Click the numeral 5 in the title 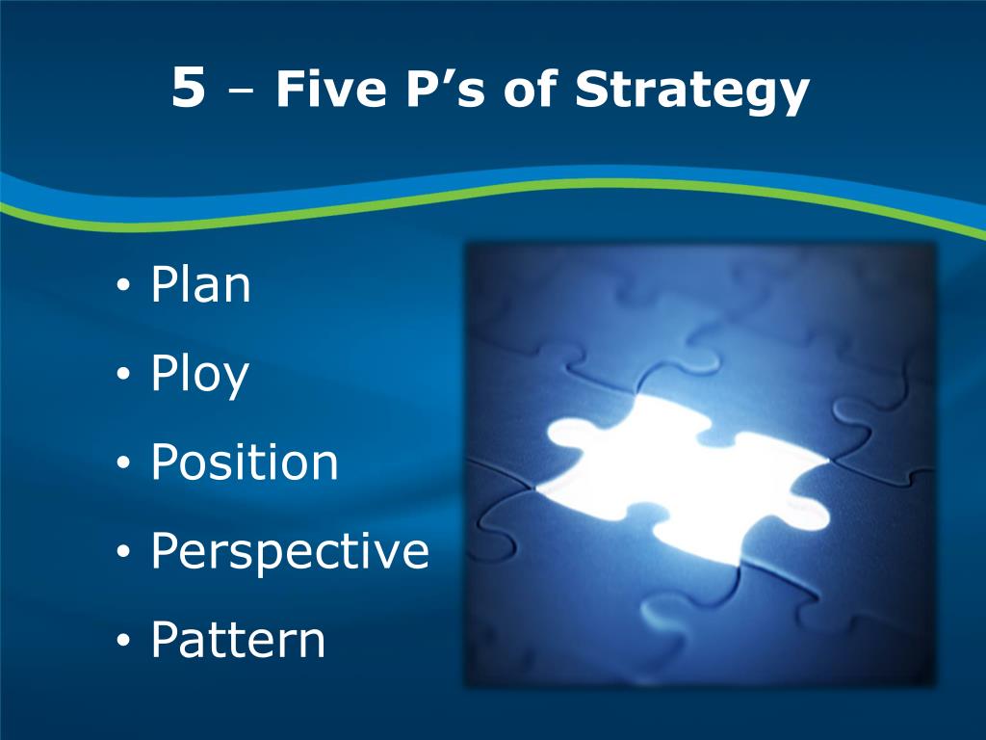click(x=189, y=90)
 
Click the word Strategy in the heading click(x=692, y=92)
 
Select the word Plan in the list click(x=200, y=285)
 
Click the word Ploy click(x=199, y=376)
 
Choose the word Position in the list click(x=245, y=462)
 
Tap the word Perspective click(x=289, y=553)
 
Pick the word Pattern click(x=238, y=641)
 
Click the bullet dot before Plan click(x=123, y=288)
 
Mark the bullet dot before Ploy click(x=123, y=377)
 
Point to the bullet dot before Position click(x=123, y=465)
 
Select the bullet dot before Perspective click(x=123, y=554)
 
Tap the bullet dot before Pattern click(x=123, y=643)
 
